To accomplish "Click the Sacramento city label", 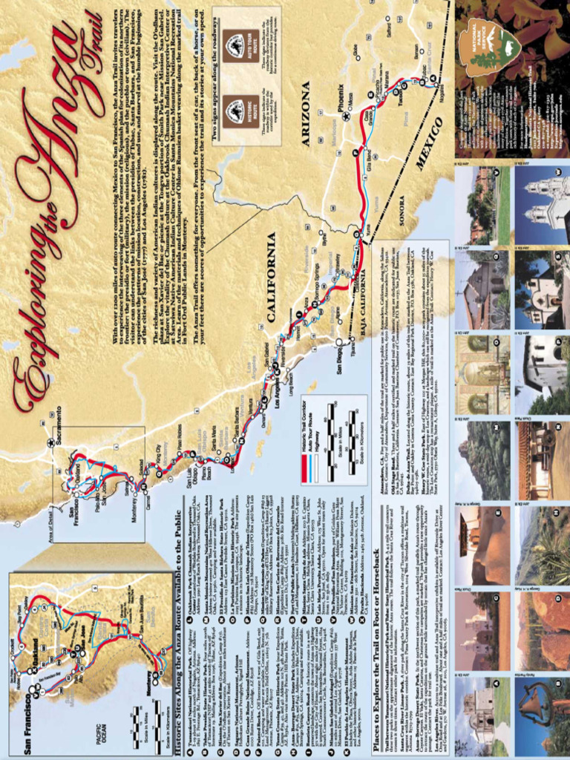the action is pos(59,426).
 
